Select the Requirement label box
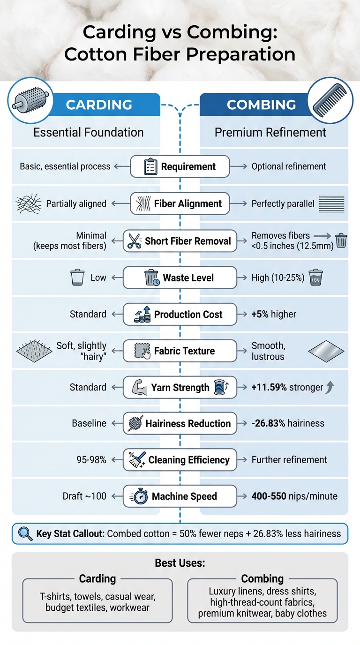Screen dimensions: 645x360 [x=180, y=166]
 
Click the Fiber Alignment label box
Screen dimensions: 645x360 [x=180, y=203]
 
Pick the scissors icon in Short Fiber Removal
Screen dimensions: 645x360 [x=134, y=241]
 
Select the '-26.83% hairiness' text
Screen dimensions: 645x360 [x=288, y=423]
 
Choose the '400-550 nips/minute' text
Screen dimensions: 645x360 [x=294, y=496]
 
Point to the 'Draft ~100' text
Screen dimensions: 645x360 [x=84, y=496]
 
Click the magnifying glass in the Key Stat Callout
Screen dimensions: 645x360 [x=25, y=533]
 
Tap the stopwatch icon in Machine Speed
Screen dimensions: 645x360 [x=141, y=496]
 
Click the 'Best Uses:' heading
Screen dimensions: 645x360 [x=180, y=563]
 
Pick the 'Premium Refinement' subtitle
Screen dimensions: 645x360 [x=270, y=133]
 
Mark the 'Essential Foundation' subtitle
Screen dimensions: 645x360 [x=89, y=133]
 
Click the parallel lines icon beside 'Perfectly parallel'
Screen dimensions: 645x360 [x=331, y=204]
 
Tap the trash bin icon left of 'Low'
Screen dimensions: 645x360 [x=77, y=277]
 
